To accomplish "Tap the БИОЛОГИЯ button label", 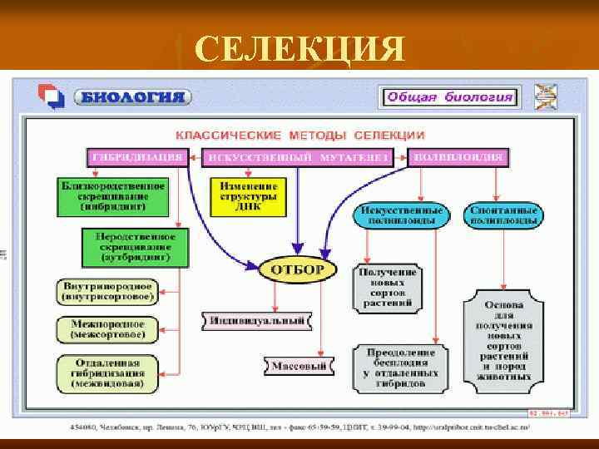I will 132,97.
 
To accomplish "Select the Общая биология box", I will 449,97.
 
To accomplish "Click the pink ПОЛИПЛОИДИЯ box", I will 458,157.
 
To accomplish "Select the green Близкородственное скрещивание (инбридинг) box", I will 113,195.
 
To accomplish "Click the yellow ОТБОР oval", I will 298,270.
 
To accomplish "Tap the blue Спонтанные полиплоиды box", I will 504,215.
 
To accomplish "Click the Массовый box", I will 300,365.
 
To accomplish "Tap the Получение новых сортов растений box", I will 388,288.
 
